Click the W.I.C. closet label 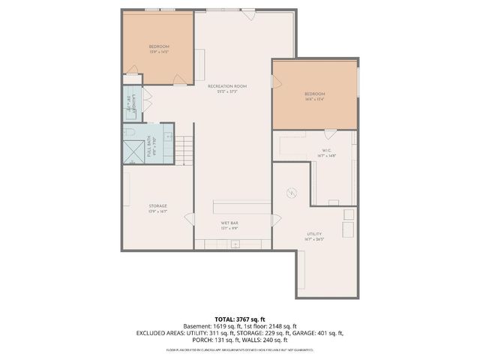coord(327,152)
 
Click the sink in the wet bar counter coord(235,244)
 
